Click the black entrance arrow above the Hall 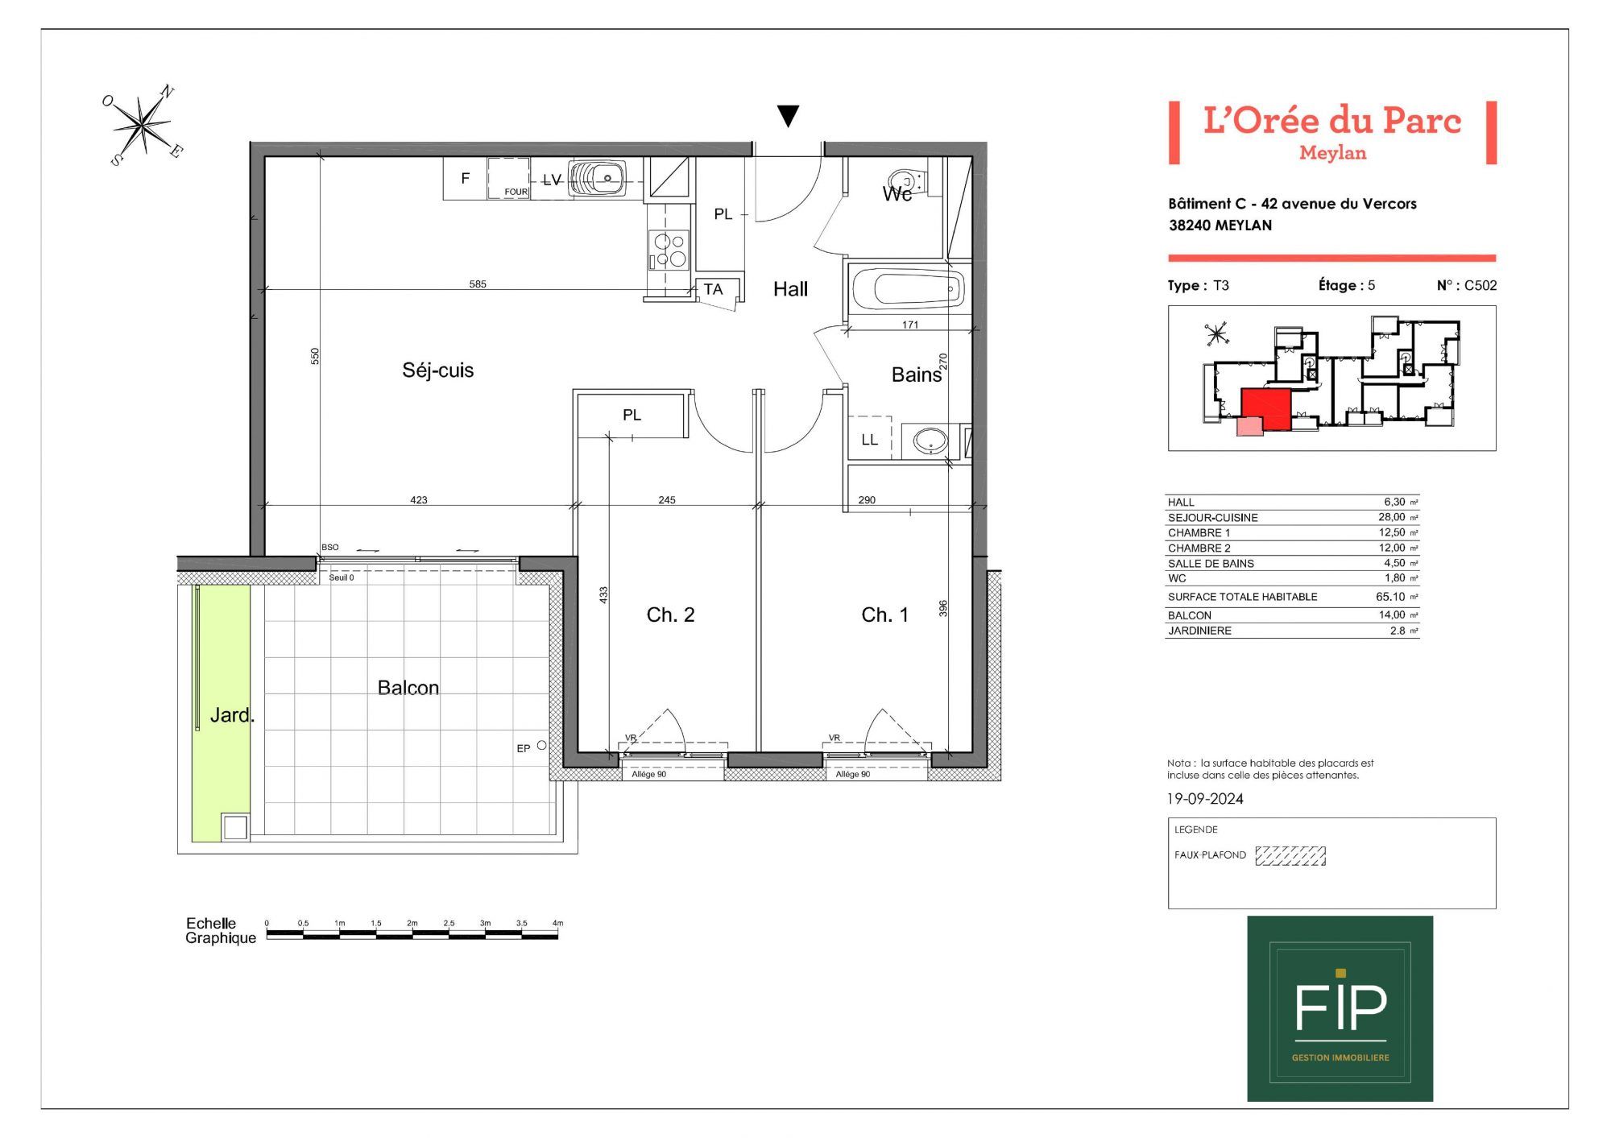tap(788, 116)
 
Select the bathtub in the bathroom tap(908, 288)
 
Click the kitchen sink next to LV tap(597, 178)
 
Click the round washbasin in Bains tap(930, 441)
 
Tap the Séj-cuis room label tap(438, 370)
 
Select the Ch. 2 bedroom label tap(670, 615)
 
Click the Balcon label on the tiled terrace tap(408, 688)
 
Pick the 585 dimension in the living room tap(478, 284)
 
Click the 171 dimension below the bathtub tap(910, 325)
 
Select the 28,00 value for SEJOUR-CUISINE tap(1392, 517)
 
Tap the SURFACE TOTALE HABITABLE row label tap(1243, 597)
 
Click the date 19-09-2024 tap(1205, 799)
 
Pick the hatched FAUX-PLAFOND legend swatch tap(1290, 855)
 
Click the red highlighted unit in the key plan tap(1266, 408)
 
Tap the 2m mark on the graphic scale tap(412, 923)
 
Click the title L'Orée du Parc tap(1332, 120)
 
